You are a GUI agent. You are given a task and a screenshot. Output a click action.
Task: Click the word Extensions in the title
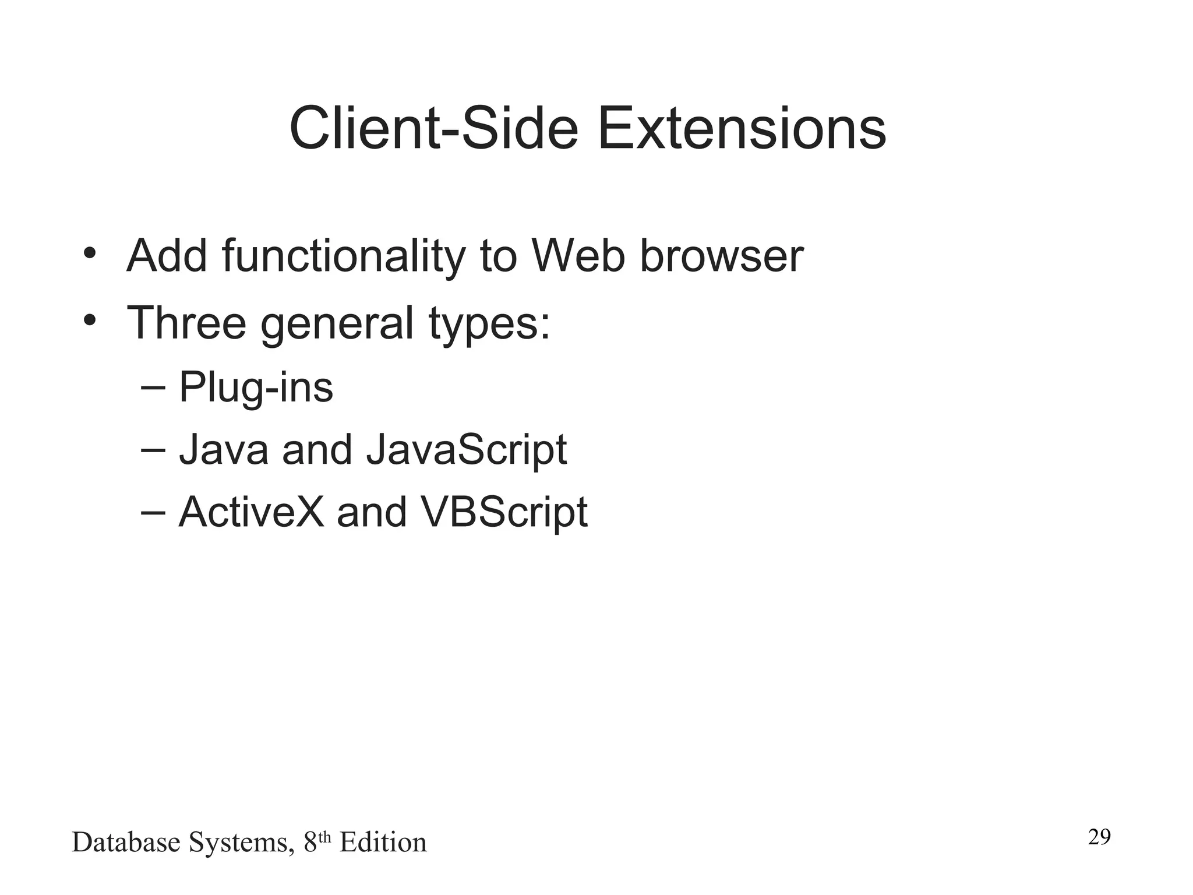pos(741,128)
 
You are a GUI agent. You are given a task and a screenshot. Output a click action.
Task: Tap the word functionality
pos(344,256)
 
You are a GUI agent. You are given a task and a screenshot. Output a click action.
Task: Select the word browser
pos(721,256)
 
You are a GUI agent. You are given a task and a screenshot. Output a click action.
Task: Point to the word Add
pos(167,256)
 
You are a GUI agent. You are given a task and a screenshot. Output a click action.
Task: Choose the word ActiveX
pos(251,513)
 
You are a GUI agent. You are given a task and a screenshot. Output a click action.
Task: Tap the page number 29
pos(1099,837)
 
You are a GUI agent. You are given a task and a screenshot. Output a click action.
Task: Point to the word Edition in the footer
pos(383,843)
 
